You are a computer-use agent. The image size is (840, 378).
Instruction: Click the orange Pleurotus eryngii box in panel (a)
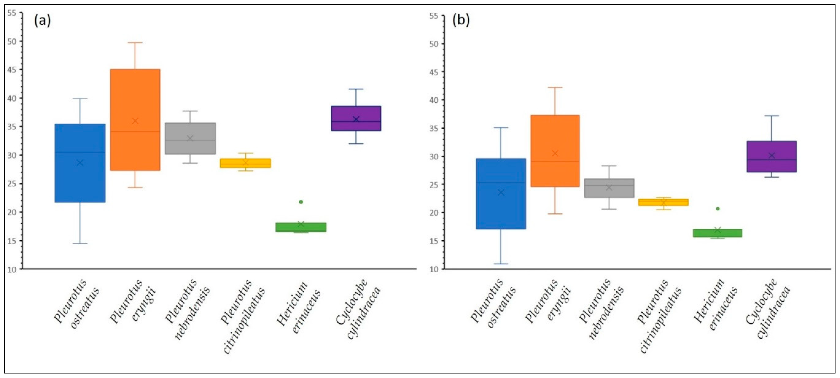135,120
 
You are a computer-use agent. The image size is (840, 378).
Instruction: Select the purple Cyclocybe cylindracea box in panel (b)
772,157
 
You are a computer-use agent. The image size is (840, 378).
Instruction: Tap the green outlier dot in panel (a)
301,202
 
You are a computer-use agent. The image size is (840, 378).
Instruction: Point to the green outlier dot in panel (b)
717,209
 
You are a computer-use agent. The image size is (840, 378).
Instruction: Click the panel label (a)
42,21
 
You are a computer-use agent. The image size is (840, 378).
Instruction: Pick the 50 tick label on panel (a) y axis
12,41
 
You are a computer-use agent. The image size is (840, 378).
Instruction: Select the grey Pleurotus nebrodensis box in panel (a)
190,138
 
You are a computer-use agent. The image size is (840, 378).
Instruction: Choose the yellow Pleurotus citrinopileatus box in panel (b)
663,202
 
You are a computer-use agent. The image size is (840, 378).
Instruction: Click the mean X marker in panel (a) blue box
80,163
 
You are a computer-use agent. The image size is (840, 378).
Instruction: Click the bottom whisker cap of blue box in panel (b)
501,264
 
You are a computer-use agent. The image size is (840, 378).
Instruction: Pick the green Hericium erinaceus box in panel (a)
301,227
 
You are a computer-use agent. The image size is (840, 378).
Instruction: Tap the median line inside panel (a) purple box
356,121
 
